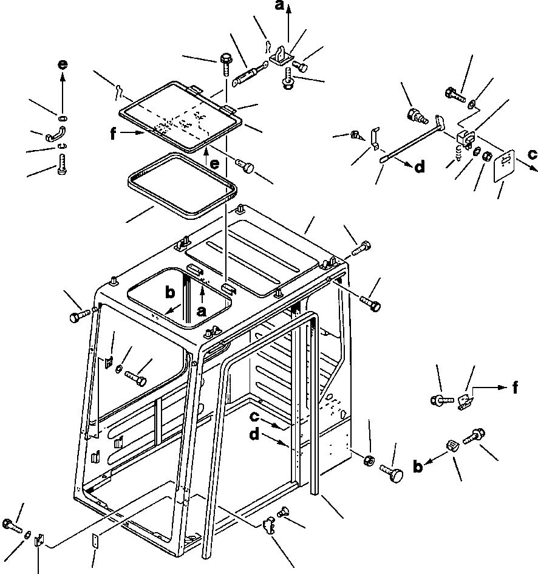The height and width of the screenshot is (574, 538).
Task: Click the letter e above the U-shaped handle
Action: [x=63, y=65]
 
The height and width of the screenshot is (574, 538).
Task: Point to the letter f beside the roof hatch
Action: [x=113, y=135]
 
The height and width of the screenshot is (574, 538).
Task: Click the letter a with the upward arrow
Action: [x=280, y=7]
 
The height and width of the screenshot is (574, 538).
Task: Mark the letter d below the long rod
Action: [x=419, y=167]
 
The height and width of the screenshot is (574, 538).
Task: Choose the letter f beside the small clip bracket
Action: [x=514, y=386]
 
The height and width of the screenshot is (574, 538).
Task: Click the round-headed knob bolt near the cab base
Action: [x=393, y=473]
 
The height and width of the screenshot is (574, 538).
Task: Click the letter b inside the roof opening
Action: [x=171, y=292]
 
